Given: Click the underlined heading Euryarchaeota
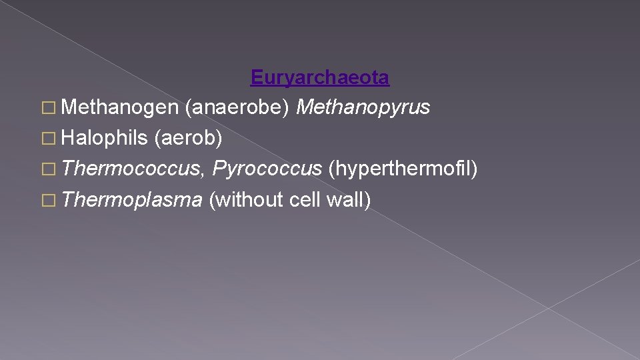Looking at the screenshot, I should [320, 78].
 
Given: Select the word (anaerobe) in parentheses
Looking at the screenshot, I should [237, 108].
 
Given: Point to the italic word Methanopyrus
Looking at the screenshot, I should [363, 108].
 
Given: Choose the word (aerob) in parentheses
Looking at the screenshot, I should [188, 138].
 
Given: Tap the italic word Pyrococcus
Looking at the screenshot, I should [267, 169].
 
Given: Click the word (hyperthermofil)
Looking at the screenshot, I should [403, 169].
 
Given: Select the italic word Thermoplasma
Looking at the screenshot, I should [132, 199].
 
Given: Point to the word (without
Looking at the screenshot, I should [247, 199].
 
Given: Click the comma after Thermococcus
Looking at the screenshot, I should [203, 175].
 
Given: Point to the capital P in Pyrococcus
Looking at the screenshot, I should [218, 169].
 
